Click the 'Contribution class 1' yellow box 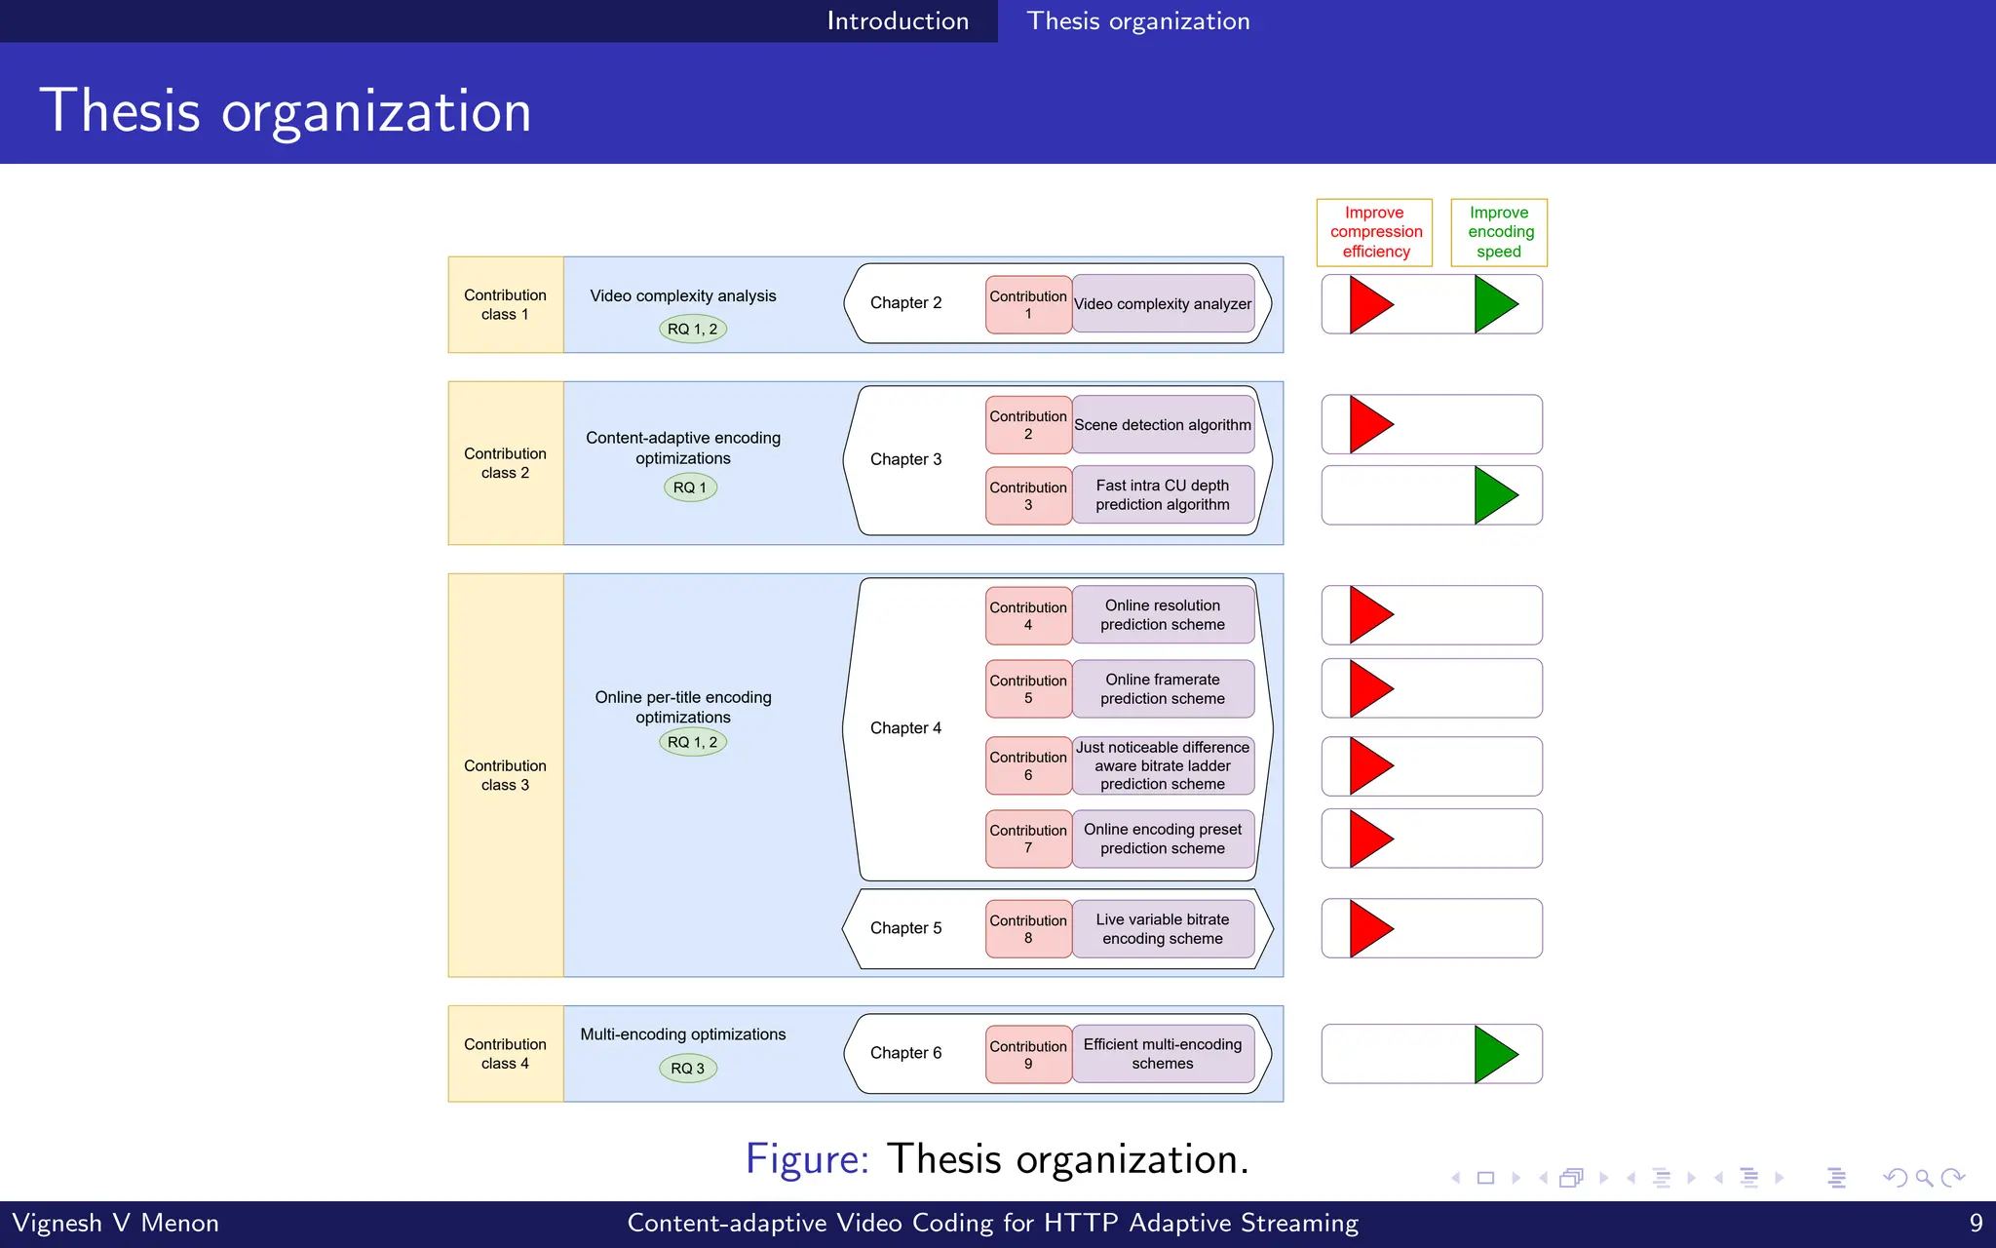tap(505, 305)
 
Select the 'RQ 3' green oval tap(687, 1068)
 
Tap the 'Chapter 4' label tap(905, 728)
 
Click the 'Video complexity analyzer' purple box tap(1163, 304)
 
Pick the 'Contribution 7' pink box tap(1028, 838)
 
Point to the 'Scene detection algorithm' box tap(1163, 425)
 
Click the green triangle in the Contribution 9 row tap(1494, 1054)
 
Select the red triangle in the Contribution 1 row tap(1368, 304)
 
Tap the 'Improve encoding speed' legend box tap(1499, 232)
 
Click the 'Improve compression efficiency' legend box tap(1375, 232)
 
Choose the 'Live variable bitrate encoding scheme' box tap(1163, 929)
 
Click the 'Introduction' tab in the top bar tap(898, 20)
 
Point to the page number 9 tap(1976, 1223)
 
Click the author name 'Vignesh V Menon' tap(115, 1223)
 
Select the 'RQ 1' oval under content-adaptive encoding tap(690, 487)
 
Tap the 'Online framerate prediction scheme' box tap(1163, 689)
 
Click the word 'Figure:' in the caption tap(806, 1159)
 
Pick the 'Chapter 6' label tap(905, 1053)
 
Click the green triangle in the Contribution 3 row tap(1494, 495)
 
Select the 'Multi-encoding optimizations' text tap(682, 1034)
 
